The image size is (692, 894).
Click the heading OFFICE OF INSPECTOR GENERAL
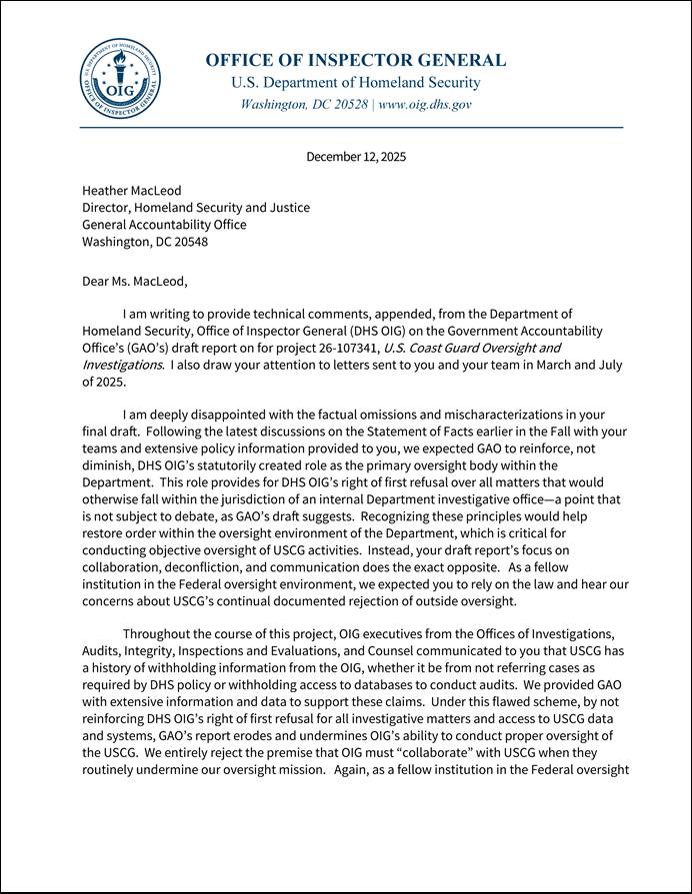355,60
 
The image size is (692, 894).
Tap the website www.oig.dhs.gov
425,104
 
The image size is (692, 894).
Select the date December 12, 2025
356,157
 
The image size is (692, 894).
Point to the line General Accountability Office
164,225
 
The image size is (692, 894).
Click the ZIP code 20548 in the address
190,242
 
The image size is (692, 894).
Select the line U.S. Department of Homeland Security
355,83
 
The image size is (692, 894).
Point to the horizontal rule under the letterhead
351,128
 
